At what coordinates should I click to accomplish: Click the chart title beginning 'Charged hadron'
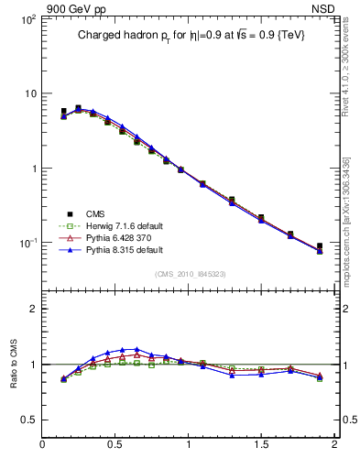(x=190, y=35)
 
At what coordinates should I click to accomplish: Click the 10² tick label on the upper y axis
(x=27, y=18)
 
